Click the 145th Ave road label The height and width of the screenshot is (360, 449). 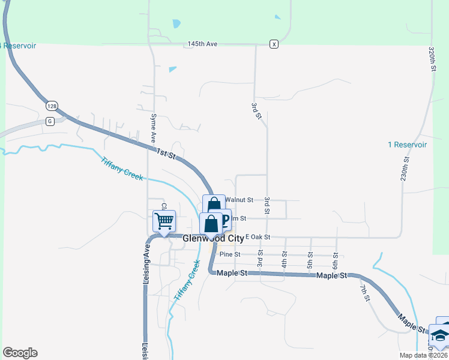tap(201, 44)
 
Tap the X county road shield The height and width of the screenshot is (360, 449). tap(274, 44)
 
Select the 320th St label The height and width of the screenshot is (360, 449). tap(432, 59)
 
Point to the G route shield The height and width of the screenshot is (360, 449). tap(49, 121)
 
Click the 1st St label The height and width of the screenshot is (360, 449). tap(165, 154)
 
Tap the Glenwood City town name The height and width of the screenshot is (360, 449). tap(213, 238)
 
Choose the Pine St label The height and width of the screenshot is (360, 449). tap(229, 254)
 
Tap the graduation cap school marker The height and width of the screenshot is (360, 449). tap(440, 335)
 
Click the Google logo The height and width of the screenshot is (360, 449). tap(20, 353)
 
